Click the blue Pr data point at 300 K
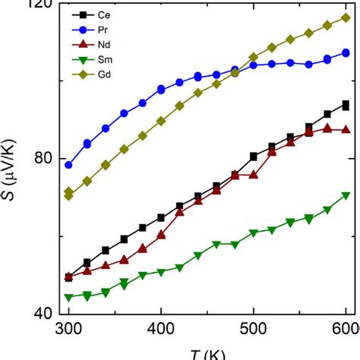(69, 165)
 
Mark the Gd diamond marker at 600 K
(346, 17)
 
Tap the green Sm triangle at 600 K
(346, 195)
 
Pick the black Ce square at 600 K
(346, 106)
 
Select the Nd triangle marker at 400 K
(161, 235)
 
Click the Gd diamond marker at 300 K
(69, 194)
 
